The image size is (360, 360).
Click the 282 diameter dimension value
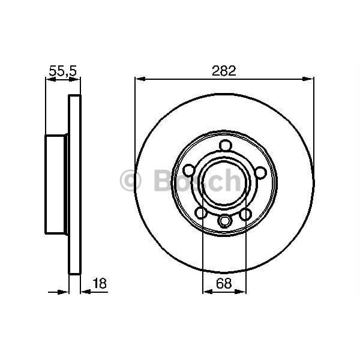click(x=224, y=70)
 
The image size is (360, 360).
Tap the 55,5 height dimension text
click(x=62, y=70)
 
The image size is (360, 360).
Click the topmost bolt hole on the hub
click(x=225, y=145)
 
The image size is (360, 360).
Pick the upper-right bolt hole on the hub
click(x=260, y=173)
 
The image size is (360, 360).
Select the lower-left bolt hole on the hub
click(x=202, y=213)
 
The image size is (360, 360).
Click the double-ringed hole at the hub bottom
click(x=224, y=221)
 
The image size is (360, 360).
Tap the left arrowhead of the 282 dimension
click(x=139, y=78)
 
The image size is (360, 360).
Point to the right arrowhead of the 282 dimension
click(x=310, y=78)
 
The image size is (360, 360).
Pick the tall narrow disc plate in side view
click(x=74, y=184)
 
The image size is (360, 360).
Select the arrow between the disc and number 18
click(x=85, y=292)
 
